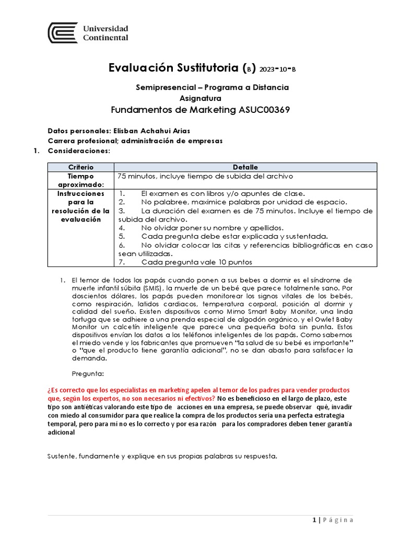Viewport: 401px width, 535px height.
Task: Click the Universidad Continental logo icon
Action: (x=62, y=33)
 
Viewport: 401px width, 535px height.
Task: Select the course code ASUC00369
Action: (x=264, y=110)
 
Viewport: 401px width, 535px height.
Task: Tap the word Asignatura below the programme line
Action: (x=200, y=98)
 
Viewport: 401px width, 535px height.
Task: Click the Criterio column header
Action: (x=80, y=167)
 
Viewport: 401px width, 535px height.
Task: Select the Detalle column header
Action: (x=245, y=167)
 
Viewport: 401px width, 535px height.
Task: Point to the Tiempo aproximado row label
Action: (x=80, y=180)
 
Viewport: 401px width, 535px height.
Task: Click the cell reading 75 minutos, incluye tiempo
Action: (x=206, y=176)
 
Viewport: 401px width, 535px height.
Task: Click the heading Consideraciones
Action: (x=79, y=150)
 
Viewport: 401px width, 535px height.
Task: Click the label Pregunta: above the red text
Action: (x=87, y=374)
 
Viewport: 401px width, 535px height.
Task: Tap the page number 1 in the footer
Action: (x=314, y=520)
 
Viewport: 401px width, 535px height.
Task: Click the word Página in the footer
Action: (x=338, y=520)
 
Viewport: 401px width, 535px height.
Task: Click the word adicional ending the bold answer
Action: (x=61, y=432)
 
